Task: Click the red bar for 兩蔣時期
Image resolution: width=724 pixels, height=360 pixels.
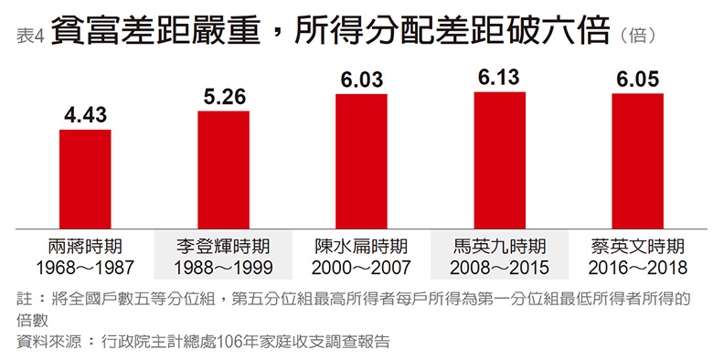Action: tap(85, 179)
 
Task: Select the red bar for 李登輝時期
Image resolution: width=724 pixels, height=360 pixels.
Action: tap(223, 169)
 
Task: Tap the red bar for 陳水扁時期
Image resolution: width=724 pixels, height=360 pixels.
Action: tap(361, 161)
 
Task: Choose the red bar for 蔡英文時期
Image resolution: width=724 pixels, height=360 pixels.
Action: tap(638, 161)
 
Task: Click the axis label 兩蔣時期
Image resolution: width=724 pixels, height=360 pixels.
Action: tap(85, 247)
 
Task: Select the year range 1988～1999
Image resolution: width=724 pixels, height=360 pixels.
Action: tap(223, 268)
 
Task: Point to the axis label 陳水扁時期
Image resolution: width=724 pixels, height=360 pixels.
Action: tap(361, 247)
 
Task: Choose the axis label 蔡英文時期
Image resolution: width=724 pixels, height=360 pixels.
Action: tap(638, 247)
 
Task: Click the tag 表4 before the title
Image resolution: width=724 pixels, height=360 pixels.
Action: tap(31, 37)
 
